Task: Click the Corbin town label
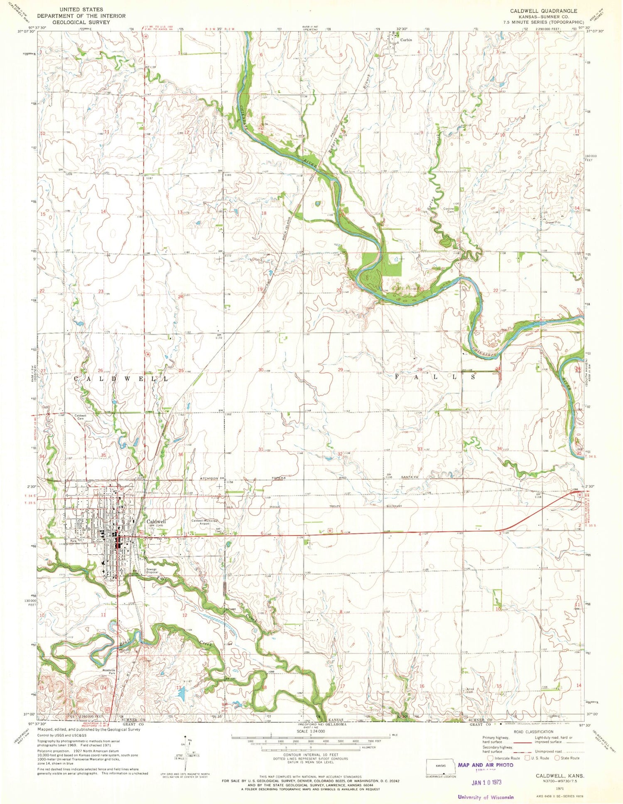pos(406,40)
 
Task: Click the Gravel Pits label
pos(553,222)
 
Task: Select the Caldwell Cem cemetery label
pos(80,417)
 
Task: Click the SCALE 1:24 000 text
pos(311,731)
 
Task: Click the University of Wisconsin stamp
pos(486,797)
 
